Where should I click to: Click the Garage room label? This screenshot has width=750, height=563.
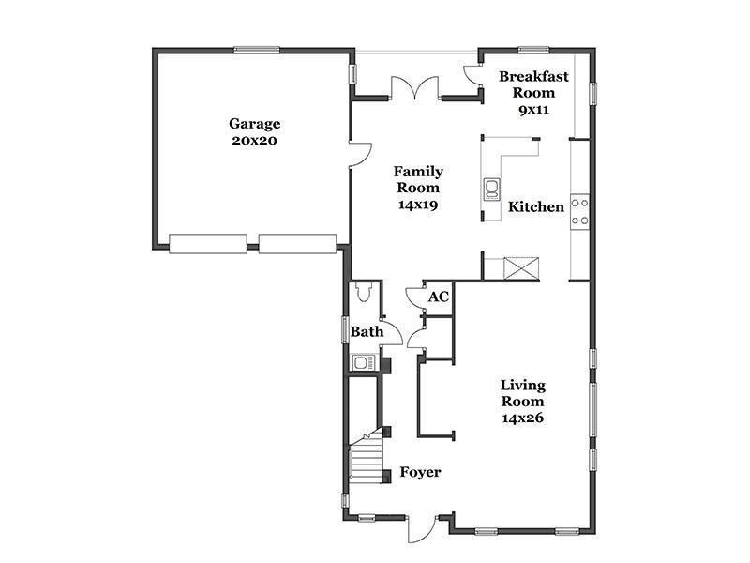[254, 124]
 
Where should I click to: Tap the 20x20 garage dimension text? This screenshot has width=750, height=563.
[254, 141]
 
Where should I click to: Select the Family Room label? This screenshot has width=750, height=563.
[418, 179]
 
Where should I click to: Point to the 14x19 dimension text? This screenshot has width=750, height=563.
[418, 205]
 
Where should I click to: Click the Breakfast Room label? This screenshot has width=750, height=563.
[533, 84]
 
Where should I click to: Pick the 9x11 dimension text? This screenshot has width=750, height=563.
[533, 110]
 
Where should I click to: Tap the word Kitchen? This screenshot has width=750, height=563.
[535, 206]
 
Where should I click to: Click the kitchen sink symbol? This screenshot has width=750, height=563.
[491, 189]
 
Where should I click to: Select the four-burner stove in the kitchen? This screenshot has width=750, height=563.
[579, 212]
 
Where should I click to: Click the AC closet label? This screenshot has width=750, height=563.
[438, 297]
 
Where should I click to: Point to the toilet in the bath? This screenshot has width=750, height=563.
[364, 292]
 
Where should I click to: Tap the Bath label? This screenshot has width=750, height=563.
[367, 331]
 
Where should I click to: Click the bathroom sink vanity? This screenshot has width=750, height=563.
[364, 362]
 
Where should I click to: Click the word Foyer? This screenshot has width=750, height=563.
[420, 473]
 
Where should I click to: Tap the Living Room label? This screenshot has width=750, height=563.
[523, 393]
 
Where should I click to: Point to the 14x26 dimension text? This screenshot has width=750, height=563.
[523, 418]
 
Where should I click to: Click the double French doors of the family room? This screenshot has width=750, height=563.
[414, 87]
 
